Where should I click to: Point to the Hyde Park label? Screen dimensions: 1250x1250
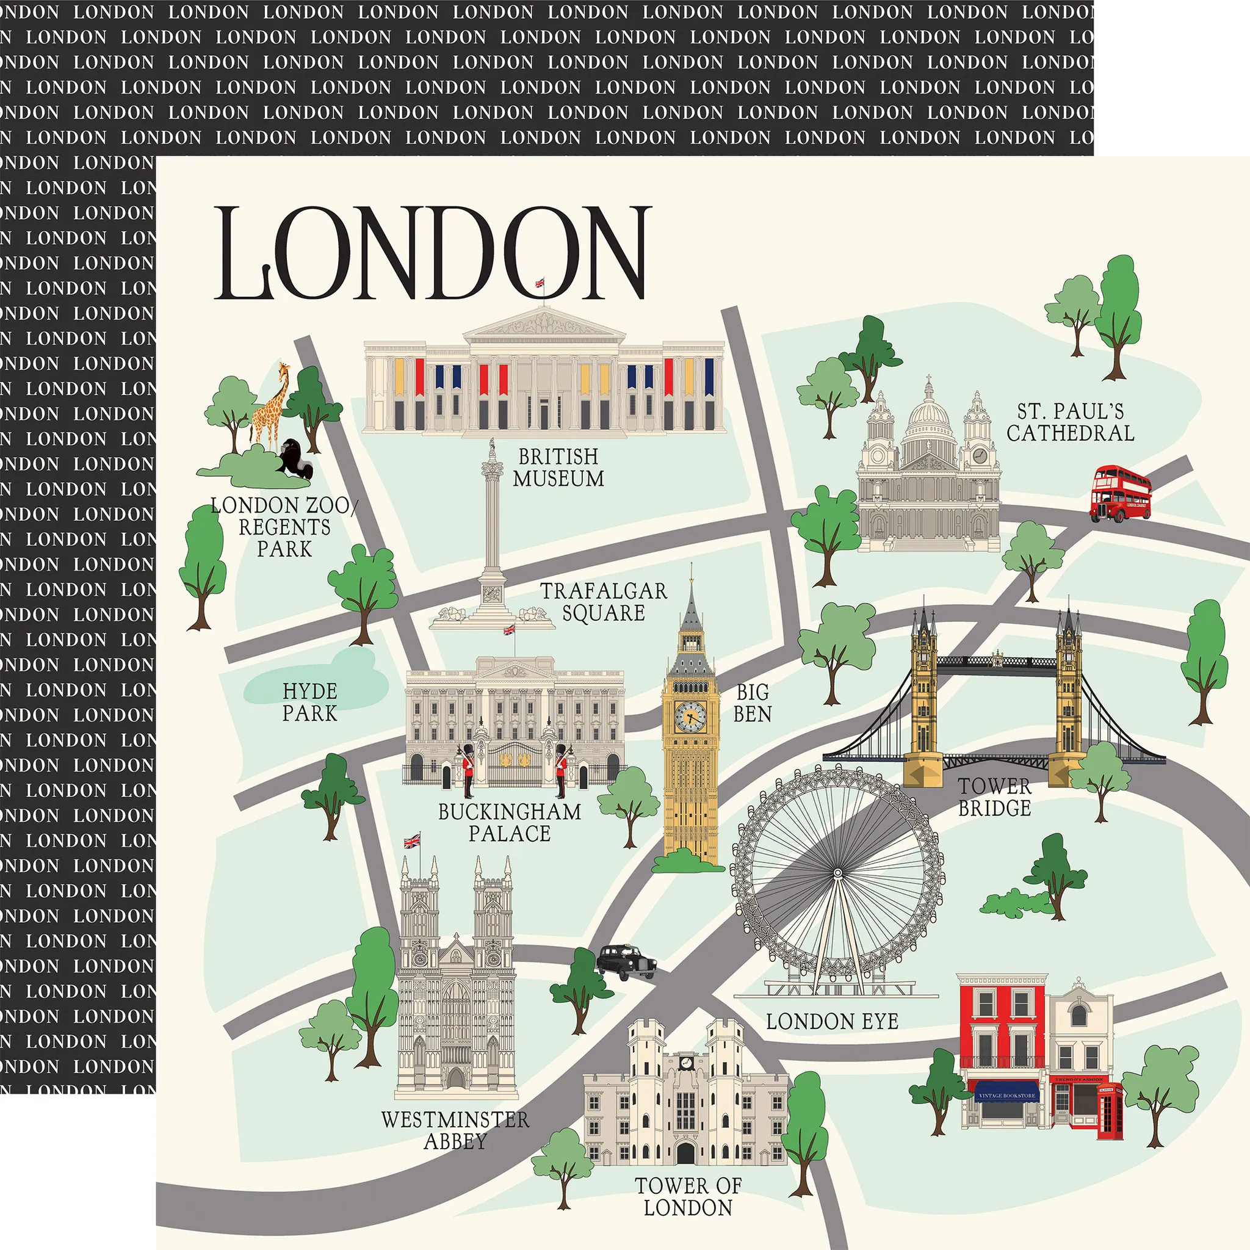coord(310,702)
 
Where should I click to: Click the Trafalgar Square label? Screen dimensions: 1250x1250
coord(603,601)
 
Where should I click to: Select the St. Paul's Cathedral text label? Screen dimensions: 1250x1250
coord(1070,422)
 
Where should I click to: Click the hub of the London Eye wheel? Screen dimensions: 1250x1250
coord(838,873)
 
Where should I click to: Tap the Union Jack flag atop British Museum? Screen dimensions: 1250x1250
coord(540,283)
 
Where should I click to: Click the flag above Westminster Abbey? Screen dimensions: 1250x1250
coord(411,840)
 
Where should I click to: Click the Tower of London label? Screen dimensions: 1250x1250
coord(688,1196)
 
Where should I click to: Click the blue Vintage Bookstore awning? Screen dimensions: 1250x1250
coord(1007,1096)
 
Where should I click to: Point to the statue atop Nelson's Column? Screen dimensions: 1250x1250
coord(492,449)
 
